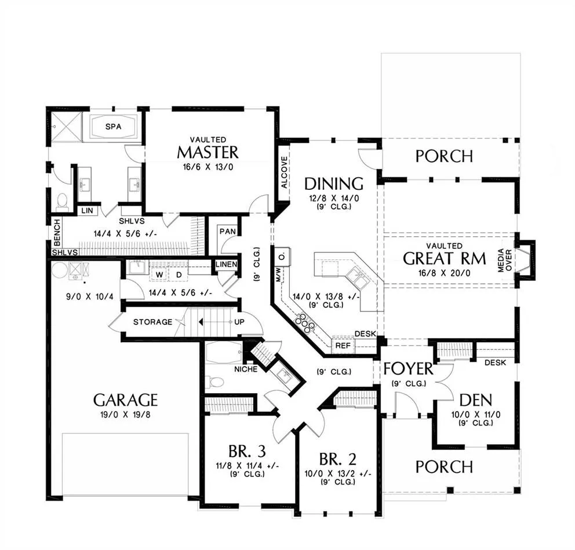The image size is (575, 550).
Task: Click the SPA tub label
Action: click(x=113, y=127)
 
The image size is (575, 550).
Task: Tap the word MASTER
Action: click(x=208, y=152)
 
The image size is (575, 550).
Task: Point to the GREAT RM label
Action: click(x=445, y=259)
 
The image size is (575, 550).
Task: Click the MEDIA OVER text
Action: click(x=505, y=261)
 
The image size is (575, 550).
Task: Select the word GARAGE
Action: click(x=125, y=400)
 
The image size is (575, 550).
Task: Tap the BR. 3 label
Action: click(x=247, y=451)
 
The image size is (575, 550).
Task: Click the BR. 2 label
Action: click(x=338, y=459)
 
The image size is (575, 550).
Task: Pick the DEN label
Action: click(x=476, y=400)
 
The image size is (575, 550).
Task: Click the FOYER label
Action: click(x=408, y=369)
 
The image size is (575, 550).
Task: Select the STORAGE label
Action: click(x=152, y=322)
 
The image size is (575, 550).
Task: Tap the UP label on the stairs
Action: click(x=239, y=322)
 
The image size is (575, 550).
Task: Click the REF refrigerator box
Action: click(x=343, y=345)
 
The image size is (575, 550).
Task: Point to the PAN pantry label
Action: click(x=227, y=232)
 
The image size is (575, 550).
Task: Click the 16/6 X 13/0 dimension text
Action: click(x=208, y=167)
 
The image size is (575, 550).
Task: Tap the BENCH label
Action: click(x=57, y=232)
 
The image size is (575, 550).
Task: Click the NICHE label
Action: click(x=246, y=369)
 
